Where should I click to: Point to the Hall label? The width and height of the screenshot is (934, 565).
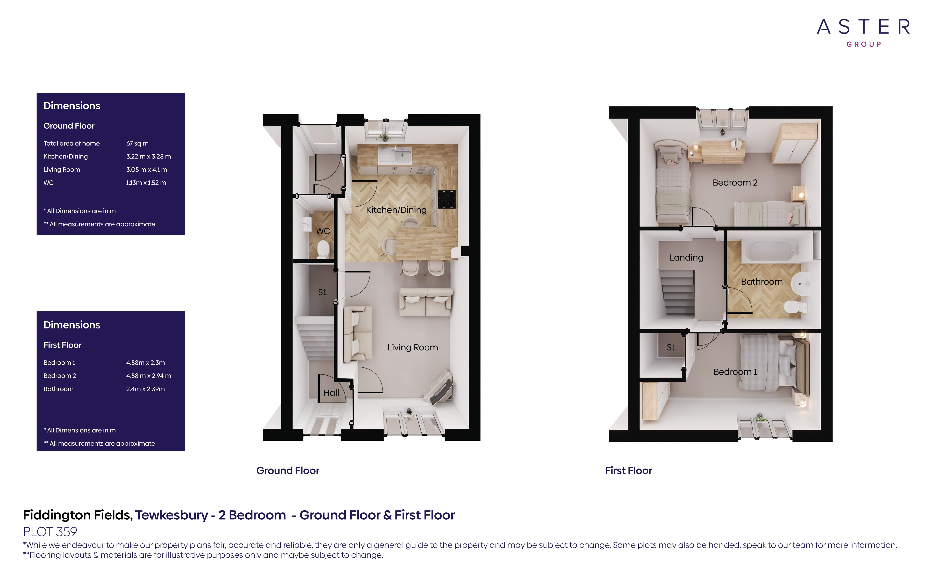click(331, 393)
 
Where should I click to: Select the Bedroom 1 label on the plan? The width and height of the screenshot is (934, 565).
click(735, 372)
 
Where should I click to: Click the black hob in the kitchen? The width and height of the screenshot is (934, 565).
click(446, 199)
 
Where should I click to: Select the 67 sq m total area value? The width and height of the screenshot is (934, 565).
click(137, 143)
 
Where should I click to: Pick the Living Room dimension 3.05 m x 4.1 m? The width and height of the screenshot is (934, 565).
click(146, 170)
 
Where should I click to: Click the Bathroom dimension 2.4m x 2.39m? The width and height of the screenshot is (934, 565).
click(145, 389)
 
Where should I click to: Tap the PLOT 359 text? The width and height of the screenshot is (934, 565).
click(50, 532)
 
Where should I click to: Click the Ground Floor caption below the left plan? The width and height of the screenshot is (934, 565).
click(288, 471)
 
